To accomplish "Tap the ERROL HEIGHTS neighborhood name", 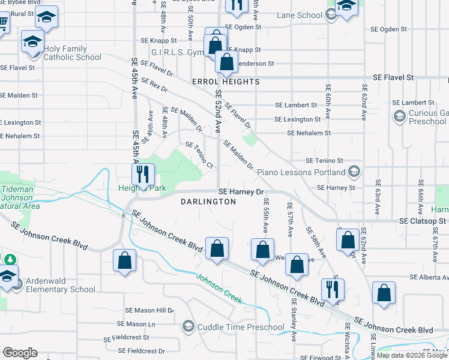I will tap(226, 81).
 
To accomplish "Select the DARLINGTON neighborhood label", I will tap(208, 202).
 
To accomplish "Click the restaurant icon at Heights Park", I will tap(143, 174).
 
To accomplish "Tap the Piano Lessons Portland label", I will tap(301, 172).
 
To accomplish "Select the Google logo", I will tap(20, 353).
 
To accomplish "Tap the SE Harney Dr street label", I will tap(241, 192).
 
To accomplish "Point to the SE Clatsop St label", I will tap(424, 221).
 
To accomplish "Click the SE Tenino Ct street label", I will tap(199, 154).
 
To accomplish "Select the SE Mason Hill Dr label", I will tap(149, 310).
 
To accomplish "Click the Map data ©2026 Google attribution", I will tap(412, 355).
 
